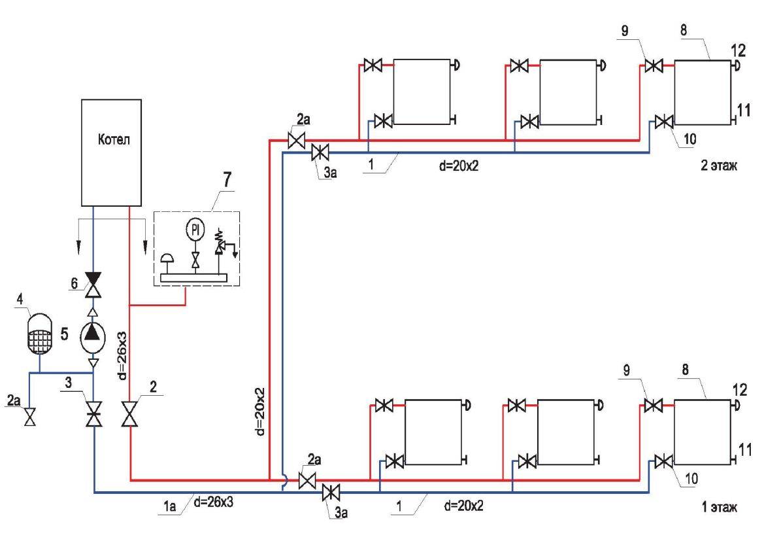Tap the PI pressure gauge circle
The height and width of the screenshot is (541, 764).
(x=195, y=229)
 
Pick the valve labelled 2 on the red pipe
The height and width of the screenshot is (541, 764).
(x=131, y=414)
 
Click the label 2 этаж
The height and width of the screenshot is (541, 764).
(x=720, y=167)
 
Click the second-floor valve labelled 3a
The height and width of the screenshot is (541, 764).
(x=320, y=153)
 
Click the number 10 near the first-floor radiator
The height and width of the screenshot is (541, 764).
(x=691, y=479)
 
